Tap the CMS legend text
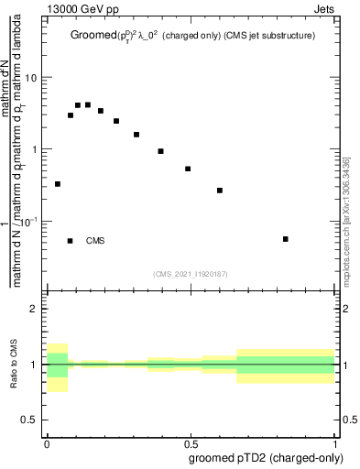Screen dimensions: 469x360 click(x=95, y=241)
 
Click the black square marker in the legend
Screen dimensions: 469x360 click(x=70, y=241)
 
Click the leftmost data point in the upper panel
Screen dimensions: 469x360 click(x=58, y=184)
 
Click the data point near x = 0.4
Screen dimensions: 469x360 click(x=160, y=151)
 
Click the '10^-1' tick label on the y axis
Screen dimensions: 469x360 click(x=30, y=222)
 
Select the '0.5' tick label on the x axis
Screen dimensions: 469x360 click(x=191, y=442)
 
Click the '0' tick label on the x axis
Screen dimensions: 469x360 click(x=47, y=442)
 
